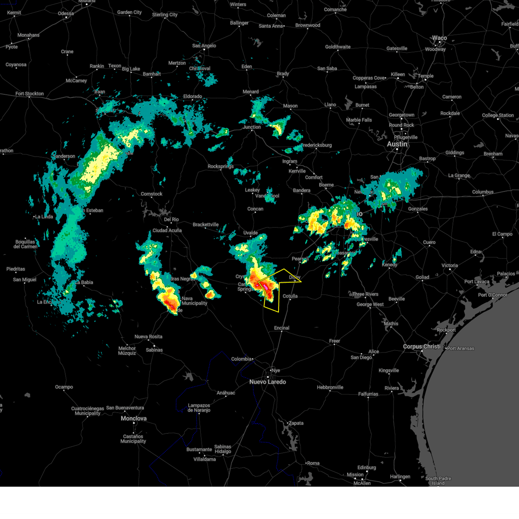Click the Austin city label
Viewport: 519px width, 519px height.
click(x=397, y=144)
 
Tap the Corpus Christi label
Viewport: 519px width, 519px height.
click(x=421, y=346)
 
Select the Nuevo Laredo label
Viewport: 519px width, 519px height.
click(x=267, y=382)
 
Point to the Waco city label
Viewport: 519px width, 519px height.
click(x=439, y=38)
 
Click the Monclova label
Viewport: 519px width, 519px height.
click(x=134, y=419)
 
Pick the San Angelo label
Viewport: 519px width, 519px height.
click(x=204, y=46)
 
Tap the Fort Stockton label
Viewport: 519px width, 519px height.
click(x=29, y=93)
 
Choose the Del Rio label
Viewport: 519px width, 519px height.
click(x=171, y=220)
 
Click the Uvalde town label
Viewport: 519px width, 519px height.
click(x=250, y=233)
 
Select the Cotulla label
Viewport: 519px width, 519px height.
click(x=290, y=296)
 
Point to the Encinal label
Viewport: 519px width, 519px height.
click(x=282, y=328)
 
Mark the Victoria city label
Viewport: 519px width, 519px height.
click(x=450, y=266)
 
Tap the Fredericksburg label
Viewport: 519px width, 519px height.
click(x=317, y=145)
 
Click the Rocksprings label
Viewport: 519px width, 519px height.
click(x=221, y=167)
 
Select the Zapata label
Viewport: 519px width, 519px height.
click(x=296, y=423)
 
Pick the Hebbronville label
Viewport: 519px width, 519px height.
click(x=330, y=388)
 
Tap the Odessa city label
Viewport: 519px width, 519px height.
click(x=66, y=13)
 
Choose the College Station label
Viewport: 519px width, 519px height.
click(x=498, y=115)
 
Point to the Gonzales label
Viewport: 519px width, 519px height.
click(x=418, y=209)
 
